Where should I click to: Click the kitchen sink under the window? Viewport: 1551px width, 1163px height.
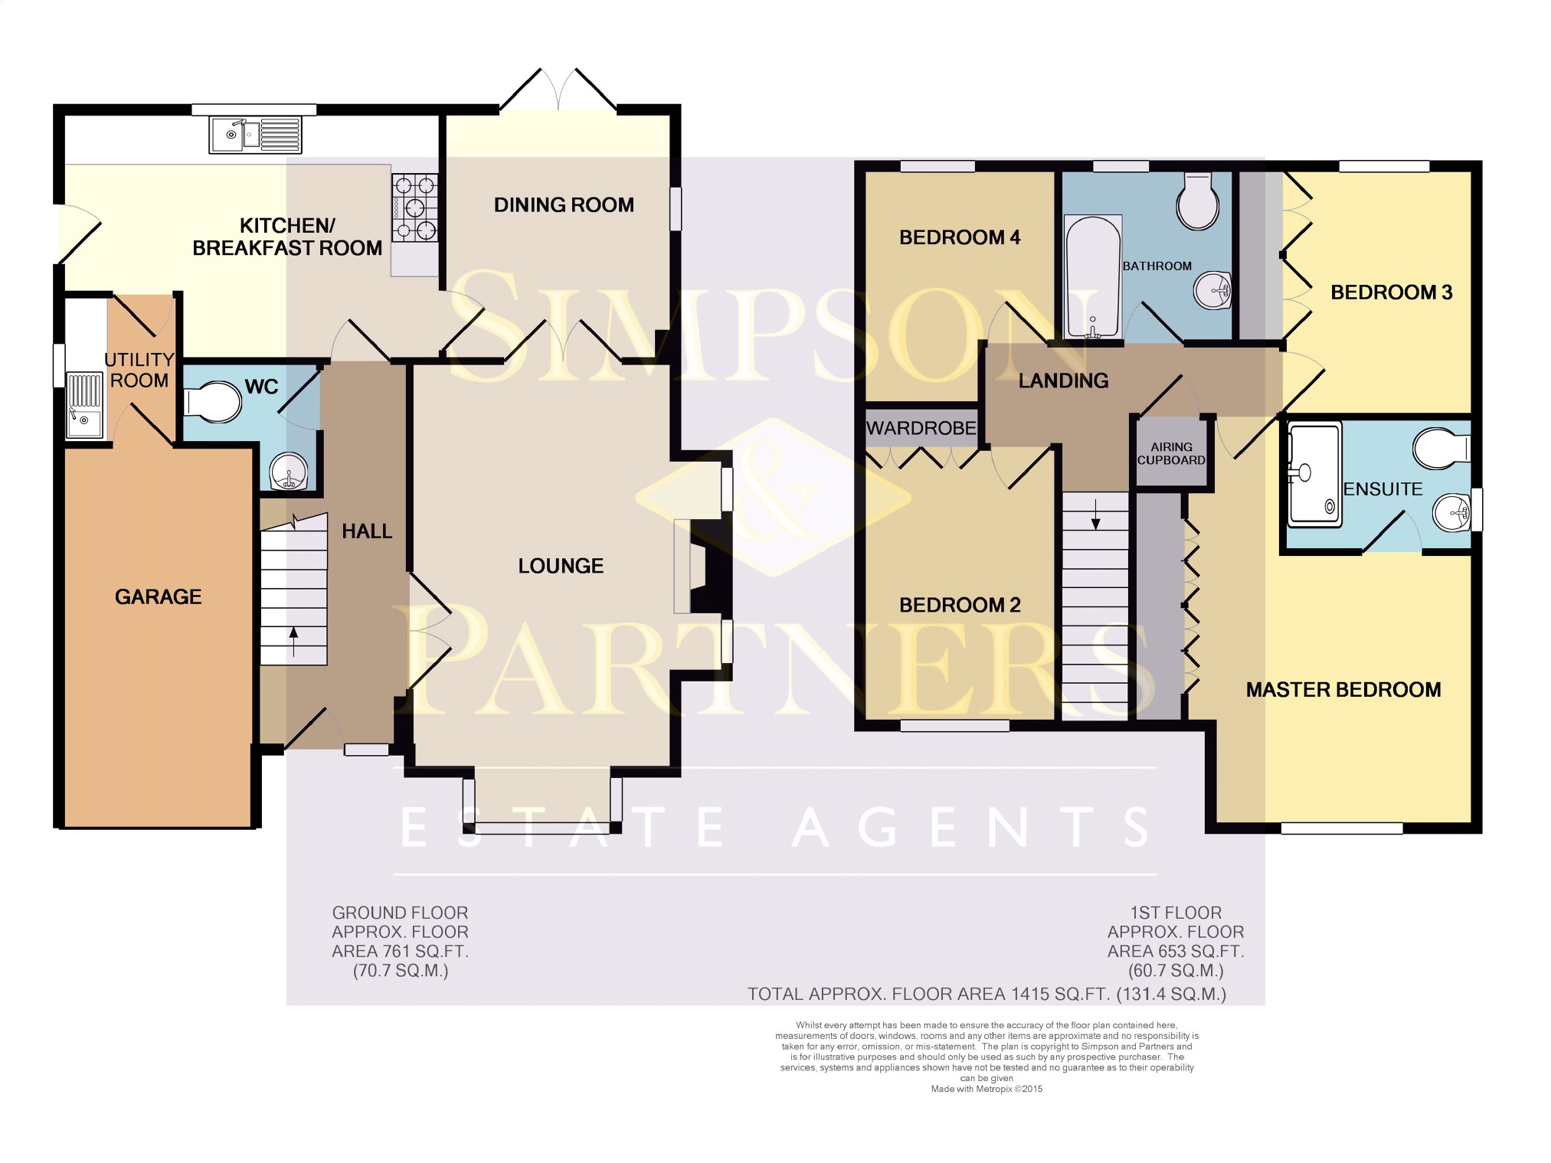[255, 135]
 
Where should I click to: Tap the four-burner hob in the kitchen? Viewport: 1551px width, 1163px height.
[415, 207]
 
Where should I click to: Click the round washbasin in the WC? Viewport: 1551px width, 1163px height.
[290, 472]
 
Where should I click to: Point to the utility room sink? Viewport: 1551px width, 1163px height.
[84, 405]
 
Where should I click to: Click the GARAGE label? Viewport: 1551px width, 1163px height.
[159, 596]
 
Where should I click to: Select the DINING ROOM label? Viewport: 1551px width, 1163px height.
[564, 205]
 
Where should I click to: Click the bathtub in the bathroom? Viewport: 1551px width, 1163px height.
[1093, 277]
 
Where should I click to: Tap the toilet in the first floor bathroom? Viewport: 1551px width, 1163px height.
[1197, 201]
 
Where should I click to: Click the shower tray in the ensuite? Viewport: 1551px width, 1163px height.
[1315, 474]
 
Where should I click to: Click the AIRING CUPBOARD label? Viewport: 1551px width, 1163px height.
[1171, 453]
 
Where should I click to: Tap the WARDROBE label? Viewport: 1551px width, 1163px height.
[921, 428]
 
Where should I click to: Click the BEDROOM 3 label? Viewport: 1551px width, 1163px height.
[1392, 292]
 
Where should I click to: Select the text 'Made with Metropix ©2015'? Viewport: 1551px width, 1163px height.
[987, 1089]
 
